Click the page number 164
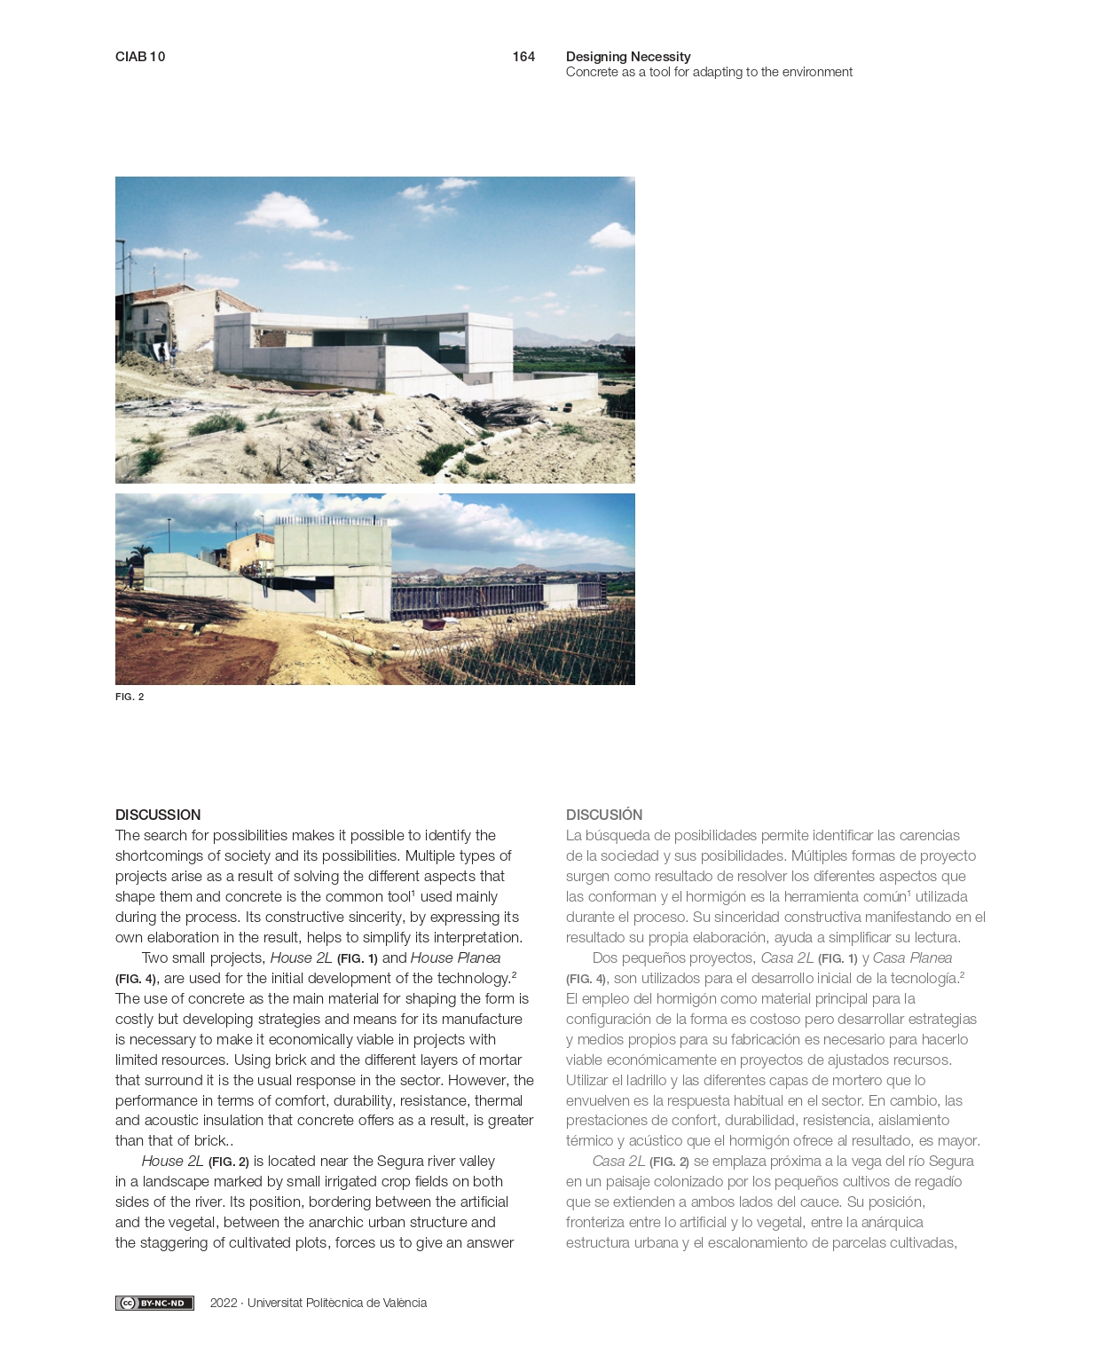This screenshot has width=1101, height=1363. [x=523, y=57]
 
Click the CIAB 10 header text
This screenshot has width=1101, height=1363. [x=140, y=57]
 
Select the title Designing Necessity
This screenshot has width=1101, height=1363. [x=628, y=57]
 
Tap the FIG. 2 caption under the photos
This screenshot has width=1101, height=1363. [x=130, y=697]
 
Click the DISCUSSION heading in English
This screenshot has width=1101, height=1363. [x=158, y=815]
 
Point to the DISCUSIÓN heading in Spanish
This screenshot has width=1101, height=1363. [x=604, y=815]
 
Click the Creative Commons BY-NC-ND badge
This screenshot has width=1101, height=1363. [x=154, y=1303]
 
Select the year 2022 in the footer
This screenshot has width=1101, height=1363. [x=224, y=1303]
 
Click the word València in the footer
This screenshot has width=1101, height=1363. [x=405, y=1303]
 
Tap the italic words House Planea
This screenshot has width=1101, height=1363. [x=455, y=957]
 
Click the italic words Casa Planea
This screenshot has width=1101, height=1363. [x=912, y=957]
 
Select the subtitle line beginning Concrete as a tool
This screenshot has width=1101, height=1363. [x=709, y=72]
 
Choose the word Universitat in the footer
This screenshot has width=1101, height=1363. [x=274, y=1303]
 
